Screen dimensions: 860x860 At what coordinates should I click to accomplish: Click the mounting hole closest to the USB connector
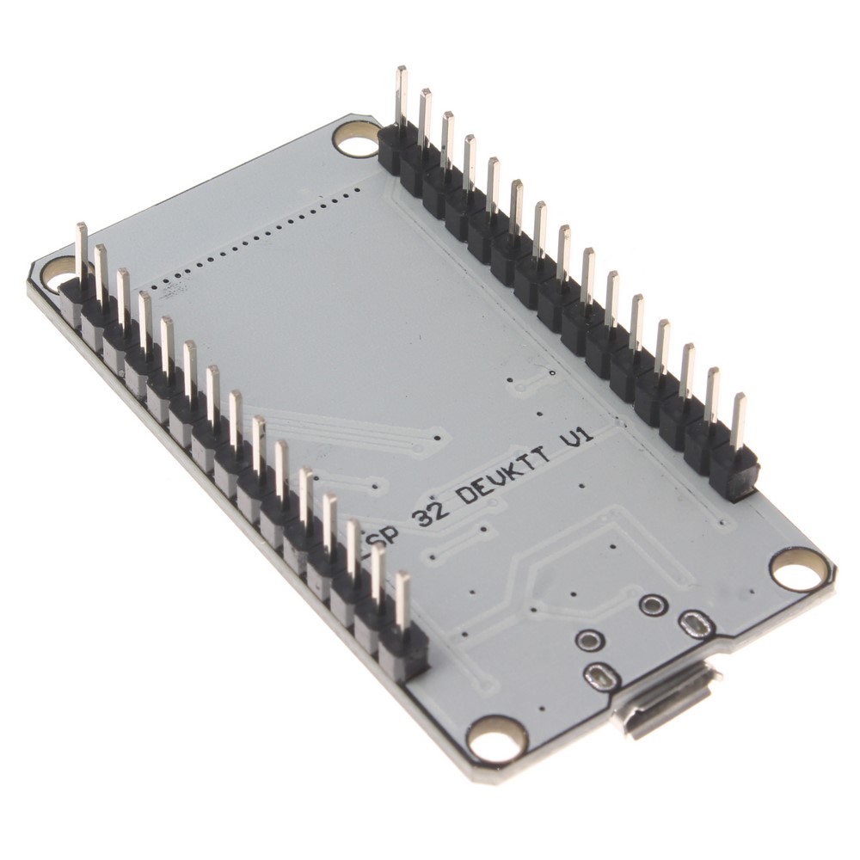[x=497, y=737]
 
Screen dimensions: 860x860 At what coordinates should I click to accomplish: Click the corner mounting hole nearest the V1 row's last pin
[x=798, y=568]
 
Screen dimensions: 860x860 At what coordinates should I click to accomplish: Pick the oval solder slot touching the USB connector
[x=599, y=677]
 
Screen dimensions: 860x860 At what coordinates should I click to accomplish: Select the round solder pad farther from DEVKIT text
[x=589, y=640]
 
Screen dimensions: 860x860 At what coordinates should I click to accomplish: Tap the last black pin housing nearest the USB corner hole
[x=404, y=649]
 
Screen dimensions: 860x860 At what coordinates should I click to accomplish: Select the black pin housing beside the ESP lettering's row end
[x=404, y=649]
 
